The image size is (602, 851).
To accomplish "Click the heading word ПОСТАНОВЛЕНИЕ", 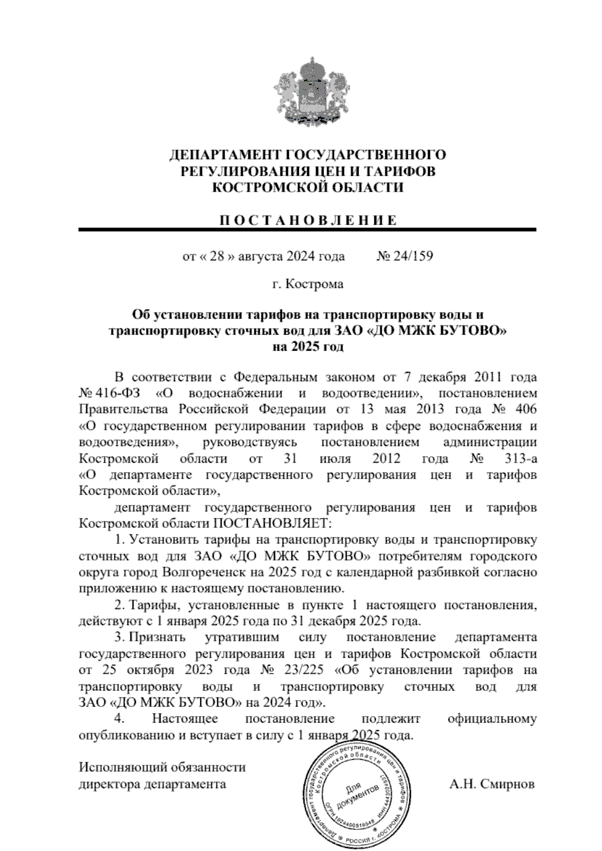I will tap(307, 220).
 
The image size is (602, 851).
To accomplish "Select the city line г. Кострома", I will tap(307, 285).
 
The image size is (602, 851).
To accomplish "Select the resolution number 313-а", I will tap(518, 459).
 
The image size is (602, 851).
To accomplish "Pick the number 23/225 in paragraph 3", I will tap(303, 670).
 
